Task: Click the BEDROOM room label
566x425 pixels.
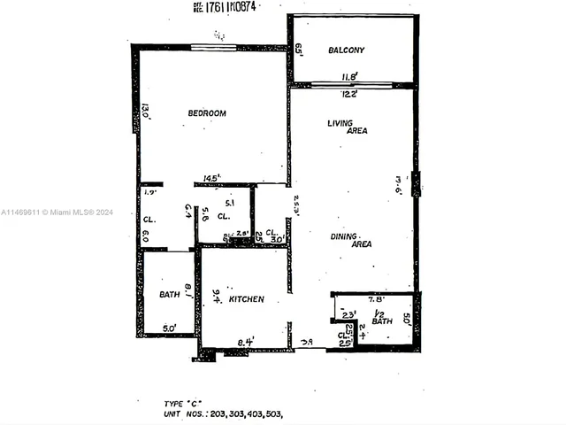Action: [x=207, y=113]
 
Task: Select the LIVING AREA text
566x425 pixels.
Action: [x=347, y=127]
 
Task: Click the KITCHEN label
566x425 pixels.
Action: [x=247, y=300]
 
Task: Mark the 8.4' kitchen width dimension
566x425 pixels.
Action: [x=247, y=340]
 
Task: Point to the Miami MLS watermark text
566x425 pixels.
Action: [x=57, y=212]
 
